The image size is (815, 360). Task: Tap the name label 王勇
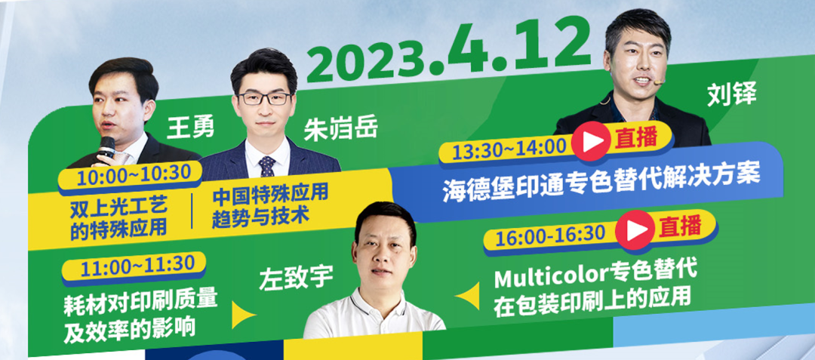190,128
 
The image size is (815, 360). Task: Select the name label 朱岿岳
340,130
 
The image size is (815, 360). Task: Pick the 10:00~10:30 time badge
130,176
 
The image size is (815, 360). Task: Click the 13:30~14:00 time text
509,149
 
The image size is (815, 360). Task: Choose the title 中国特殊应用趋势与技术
269,206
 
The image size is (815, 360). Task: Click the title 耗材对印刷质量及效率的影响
140,316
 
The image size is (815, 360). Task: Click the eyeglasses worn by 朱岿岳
265,98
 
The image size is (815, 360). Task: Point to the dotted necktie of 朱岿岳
267,166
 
